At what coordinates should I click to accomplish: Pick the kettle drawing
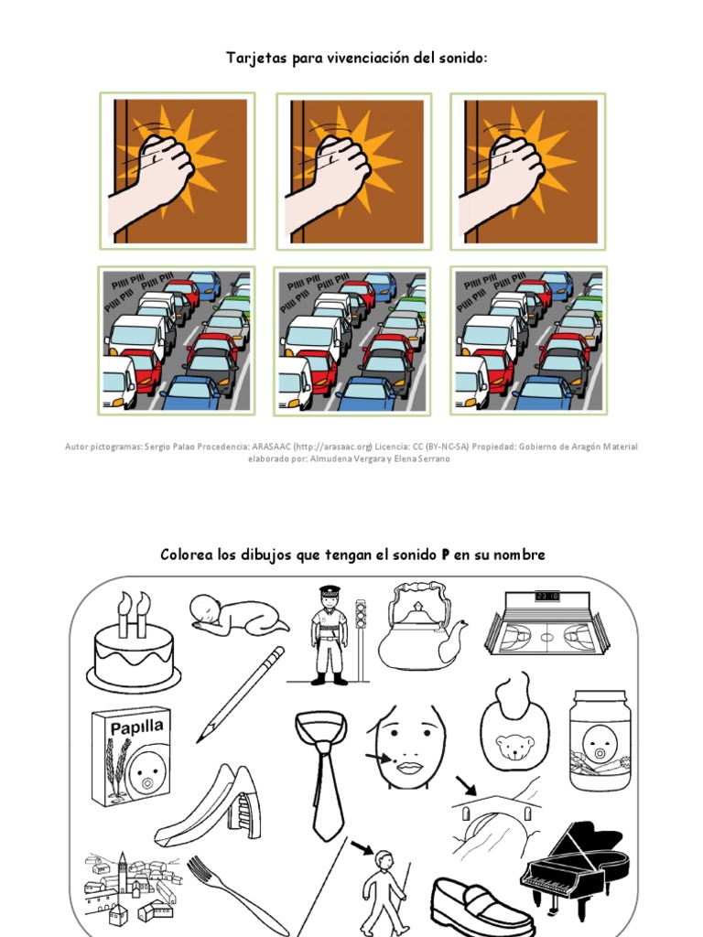pyautogui.click(x=419, y=630)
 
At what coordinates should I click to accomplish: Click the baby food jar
pyautogui.click(x=599, y=740)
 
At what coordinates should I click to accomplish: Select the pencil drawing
pyautogui.click(x=240, y=695)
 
